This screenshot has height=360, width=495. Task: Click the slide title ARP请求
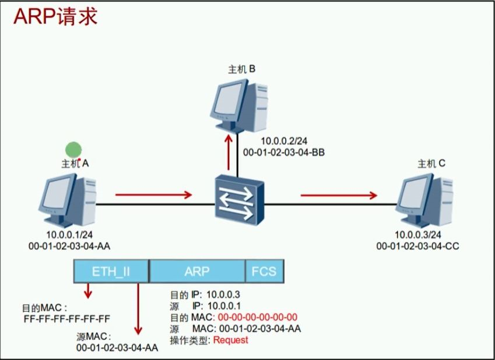click(x=56, y=16)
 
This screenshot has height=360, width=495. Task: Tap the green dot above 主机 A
click(x=73, y=150)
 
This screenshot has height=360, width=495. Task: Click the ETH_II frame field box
click(x=111, y=271)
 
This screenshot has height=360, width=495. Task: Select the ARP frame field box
click(x=197, y=271)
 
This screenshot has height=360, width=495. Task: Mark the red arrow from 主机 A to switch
click(x=154, y=195)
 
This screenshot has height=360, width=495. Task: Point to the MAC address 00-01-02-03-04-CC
click(x=417, y=246)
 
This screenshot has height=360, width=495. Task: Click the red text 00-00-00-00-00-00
click(x=258, y=317)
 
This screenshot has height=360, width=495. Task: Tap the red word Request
click(x=230, y=340)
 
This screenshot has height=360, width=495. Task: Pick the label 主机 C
click(x=432, y=164)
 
